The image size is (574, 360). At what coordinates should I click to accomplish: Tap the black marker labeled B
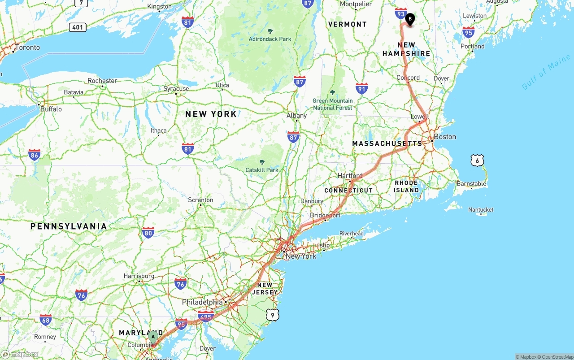point(410,19)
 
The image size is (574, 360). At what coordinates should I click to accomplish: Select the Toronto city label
point(27,48)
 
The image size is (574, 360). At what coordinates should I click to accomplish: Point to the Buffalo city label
point(51,109)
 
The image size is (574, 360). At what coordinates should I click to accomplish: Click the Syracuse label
point(176,89)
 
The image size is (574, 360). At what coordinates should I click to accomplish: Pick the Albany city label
point(296,116)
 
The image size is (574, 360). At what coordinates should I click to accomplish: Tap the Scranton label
point(200,200)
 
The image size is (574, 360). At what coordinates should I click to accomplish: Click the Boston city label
point(445,137)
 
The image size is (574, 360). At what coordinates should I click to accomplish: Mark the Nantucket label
point(481,209)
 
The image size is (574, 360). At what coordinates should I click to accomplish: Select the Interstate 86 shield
point(34,155)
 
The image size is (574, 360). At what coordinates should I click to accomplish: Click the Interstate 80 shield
point(148,232)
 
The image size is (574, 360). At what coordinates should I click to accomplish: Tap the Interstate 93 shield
point(401,13)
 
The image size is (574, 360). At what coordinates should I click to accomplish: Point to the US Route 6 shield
point(477,160)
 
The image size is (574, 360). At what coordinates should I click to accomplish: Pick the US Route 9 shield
point(273,315)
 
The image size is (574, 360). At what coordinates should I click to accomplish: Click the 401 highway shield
point(78,27)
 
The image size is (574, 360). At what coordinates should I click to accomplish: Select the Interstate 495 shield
point(206,317)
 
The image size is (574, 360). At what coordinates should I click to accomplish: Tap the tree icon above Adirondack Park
point(270,31)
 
